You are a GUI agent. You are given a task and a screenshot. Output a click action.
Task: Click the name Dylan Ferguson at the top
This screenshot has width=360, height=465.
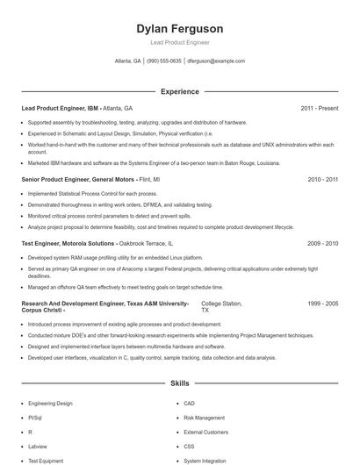[x=180, y=28]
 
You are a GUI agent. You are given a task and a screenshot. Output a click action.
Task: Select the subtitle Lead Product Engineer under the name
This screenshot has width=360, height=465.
[x=180, y=42]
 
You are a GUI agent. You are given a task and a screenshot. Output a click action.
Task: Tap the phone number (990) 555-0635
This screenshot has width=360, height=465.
[x=164, y=61]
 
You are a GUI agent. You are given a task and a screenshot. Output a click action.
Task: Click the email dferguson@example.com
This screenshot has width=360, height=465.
[x=216, y=61]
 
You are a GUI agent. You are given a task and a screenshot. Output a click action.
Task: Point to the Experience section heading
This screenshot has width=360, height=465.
[x=180, y=91]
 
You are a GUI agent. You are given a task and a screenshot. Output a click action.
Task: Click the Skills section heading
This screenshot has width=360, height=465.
[x=180, y=383]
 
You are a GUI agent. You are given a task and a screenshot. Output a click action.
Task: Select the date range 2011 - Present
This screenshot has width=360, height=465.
[x=319, y=108]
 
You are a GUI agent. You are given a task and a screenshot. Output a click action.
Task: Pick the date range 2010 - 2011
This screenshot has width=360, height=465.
[x=322, y=178]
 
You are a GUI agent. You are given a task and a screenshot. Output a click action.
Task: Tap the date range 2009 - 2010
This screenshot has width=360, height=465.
[x=322, y=242]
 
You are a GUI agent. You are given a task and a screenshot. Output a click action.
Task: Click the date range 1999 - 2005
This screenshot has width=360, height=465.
[x=322, y=303]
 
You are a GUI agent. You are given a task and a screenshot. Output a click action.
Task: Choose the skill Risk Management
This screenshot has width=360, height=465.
[x=204, y=418]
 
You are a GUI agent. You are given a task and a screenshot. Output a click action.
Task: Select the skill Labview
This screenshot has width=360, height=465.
[x=39, y=446]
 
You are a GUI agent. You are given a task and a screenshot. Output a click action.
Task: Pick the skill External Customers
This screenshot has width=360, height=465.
[x=205, y=432]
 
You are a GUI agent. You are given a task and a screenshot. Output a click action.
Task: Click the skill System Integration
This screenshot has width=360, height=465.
[x=205, y=460]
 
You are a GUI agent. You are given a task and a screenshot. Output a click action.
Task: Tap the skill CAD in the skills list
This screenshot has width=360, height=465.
[x=190, y=403]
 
